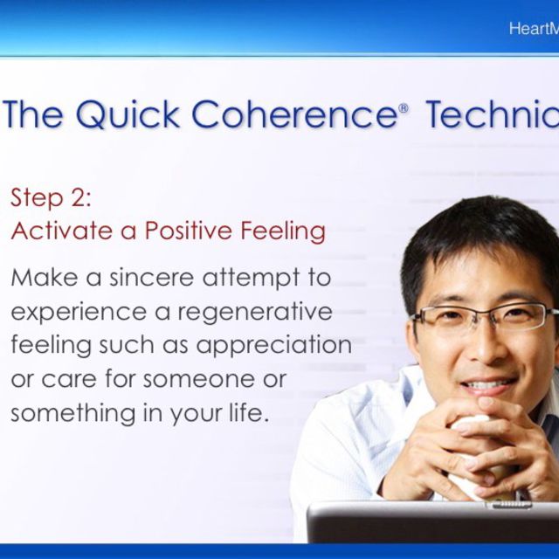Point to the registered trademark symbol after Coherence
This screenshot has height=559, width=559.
coord(403,108)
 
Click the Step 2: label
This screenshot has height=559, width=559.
coord(51,197)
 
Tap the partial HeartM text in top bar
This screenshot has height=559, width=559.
coord(533,29)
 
